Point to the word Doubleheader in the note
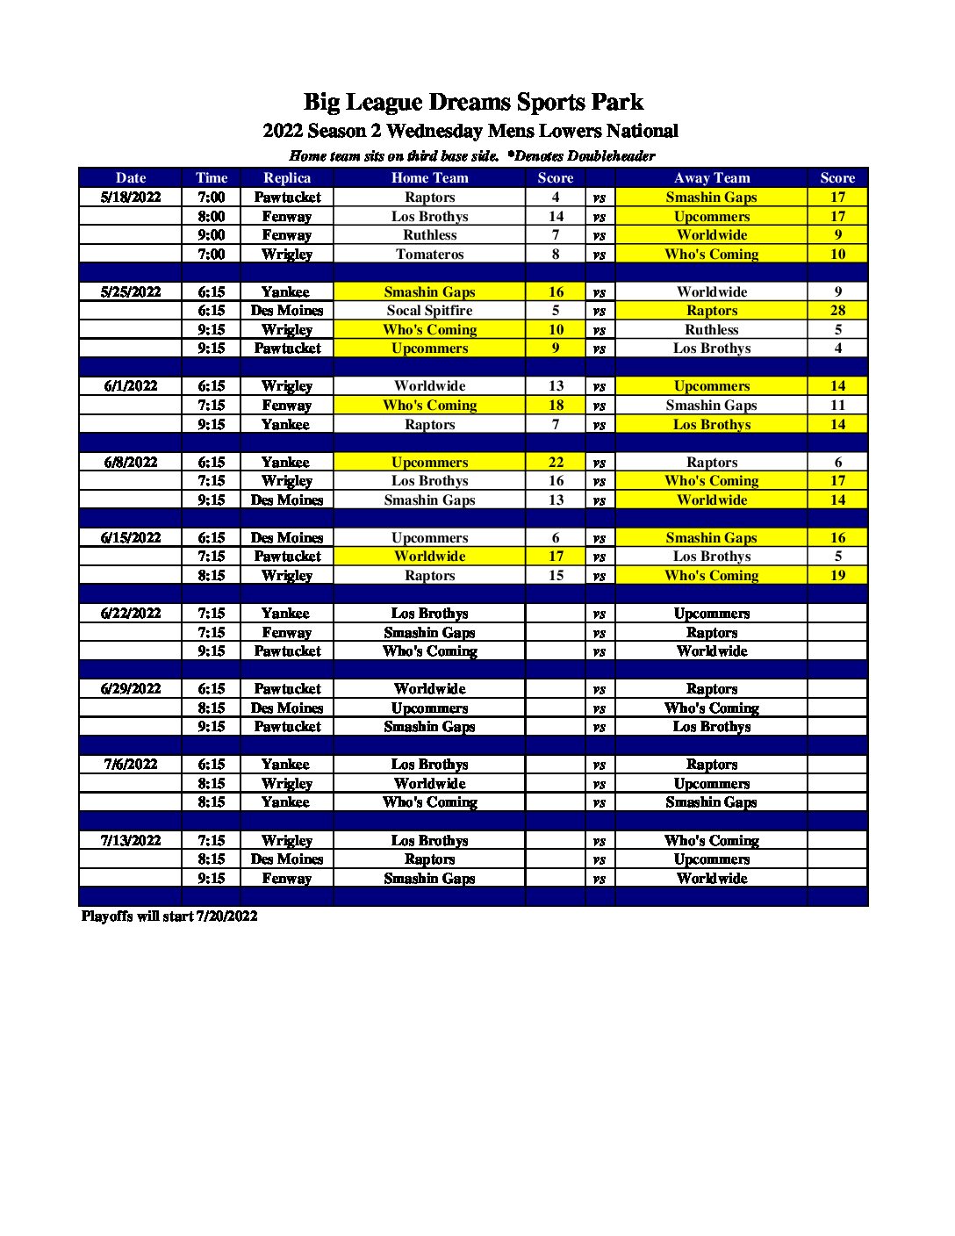[611, 156]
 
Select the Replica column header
[287, 178]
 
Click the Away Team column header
[711, 178]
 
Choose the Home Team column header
[429, 178]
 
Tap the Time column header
[212, 178]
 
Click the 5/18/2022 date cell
[131, 198]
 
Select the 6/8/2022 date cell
[131, 463]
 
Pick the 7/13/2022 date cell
[131, 841]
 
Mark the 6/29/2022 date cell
[131, 689]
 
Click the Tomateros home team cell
[429, 255]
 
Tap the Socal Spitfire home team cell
[429, 311]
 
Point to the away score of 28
[837, 311]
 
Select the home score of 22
[556, 463]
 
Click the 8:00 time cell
[212, 217]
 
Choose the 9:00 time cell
[212, 235]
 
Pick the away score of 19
[837, 576]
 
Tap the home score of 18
[556, 406]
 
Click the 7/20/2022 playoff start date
[226, 916]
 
